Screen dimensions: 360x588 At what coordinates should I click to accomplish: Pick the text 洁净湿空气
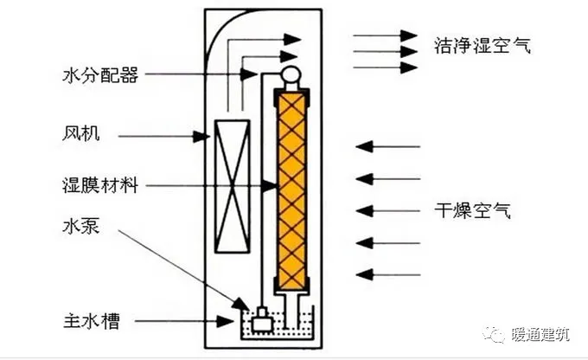(x=481, y=45)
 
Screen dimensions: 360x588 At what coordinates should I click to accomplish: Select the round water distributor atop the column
(x=290, y=75)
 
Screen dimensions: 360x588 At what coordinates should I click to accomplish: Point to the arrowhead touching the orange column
(x=271, y=185)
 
